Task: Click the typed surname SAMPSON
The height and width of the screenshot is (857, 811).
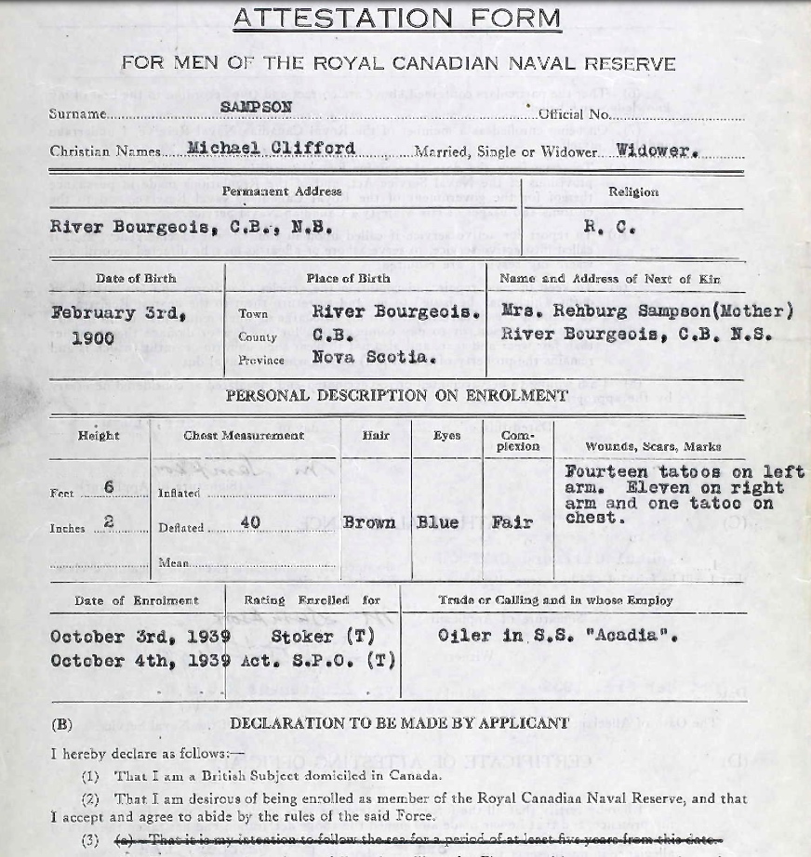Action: [x=256, y=107]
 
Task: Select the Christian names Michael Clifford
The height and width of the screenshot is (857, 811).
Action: [x=271, y=149]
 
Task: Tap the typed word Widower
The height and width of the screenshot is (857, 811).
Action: [x=657, y=150]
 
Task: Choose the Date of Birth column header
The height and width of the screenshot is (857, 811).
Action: [x=136, y=278]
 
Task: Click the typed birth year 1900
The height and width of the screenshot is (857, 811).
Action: [x=93, y=337]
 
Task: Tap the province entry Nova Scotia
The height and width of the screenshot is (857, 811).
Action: [x=374, y=357]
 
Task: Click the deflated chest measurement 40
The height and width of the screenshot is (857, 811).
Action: [x=250, y=522]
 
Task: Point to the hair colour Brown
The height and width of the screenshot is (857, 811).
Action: [x=370, y=522]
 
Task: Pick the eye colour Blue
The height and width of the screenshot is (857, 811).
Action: [x=437, y=522]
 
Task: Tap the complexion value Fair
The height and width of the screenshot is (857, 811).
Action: [x=512, y=522]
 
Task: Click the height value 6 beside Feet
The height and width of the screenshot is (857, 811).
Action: [x=109, y=488]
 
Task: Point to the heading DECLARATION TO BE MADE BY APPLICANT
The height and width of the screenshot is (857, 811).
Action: [x=399, y=722]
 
